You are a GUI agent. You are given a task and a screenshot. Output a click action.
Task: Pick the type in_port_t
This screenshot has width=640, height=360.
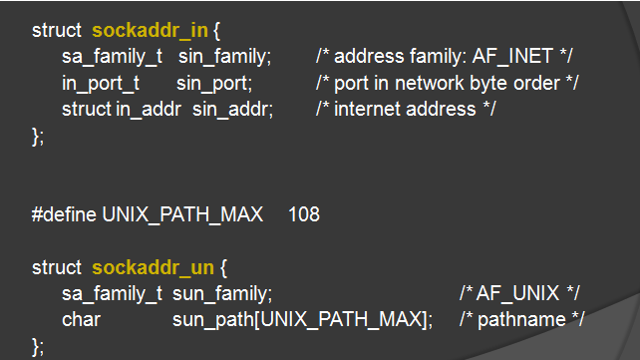tap(101, 83)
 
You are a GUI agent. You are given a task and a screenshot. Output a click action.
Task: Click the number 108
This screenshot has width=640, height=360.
tap(303, 214)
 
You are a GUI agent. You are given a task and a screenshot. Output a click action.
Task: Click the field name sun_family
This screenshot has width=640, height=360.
tap(221, 293)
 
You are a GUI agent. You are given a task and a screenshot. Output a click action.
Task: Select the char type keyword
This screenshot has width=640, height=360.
tap(80, 319)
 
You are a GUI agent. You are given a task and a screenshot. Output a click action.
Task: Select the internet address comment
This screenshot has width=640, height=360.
tap(406, 109)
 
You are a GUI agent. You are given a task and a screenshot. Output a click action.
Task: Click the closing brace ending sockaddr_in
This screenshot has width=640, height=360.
tap(38, 135)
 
